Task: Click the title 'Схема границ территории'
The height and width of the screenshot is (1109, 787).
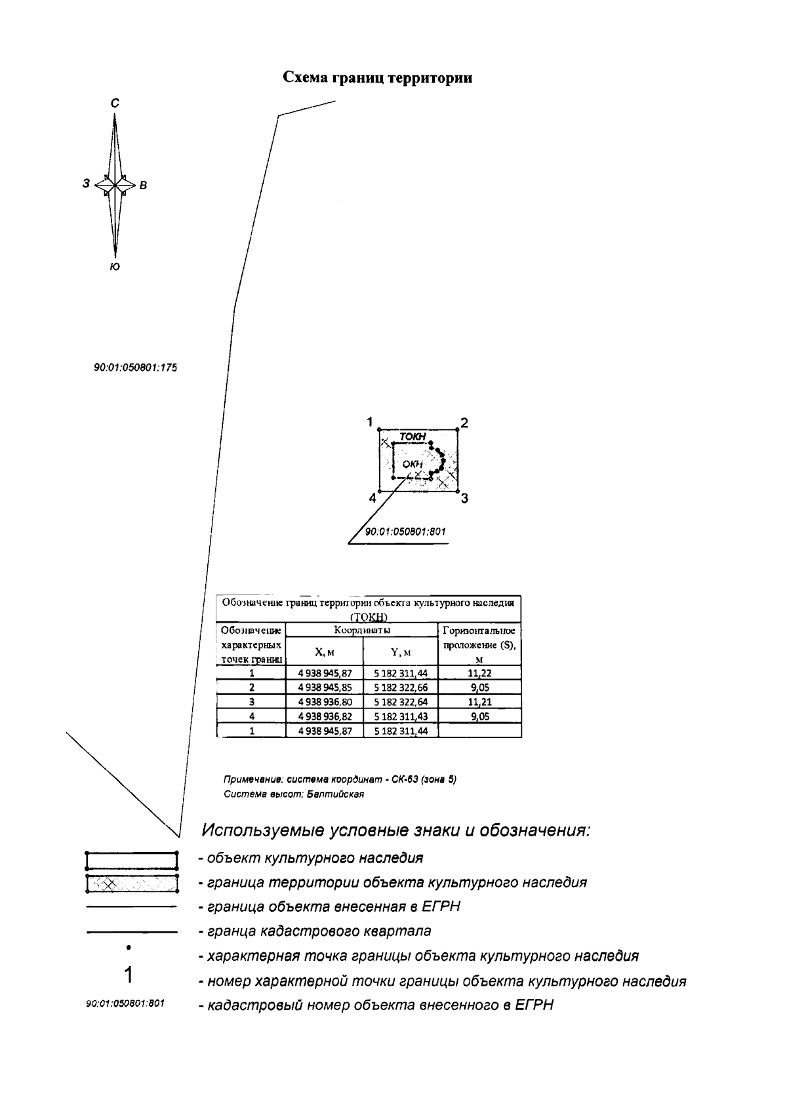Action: point(377,78)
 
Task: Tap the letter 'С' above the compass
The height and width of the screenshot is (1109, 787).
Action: point(115,103)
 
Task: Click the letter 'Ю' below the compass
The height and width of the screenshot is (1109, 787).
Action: point(115,267)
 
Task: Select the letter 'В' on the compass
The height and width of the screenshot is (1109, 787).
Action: point(144,185)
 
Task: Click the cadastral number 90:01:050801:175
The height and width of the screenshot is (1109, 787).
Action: point(136,368)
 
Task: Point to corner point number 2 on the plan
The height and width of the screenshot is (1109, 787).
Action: point(464,423)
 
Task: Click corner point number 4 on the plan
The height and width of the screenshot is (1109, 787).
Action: point(373,498)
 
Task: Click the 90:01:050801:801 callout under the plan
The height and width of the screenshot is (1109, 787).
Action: point(405,532)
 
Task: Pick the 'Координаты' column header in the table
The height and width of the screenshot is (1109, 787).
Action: point(362,631)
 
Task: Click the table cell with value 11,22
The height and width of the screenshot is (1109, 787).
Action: point(479,673)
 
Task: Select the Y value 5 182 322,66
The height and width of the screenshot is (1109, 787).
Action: point(401,688)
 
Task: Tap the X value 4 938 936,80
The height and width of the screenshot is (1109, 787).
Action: point(325,702)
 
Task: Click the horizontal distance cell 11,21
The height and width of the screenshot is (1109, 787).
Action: point(479,702)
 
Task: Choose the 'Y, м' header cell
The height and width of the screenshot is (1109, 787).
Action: point(401,652)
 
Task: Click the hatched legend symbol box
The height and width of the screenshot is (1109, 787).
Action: point(132,884)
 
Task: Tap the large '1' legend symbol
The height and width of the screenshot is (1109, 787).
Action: point(129,975)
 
